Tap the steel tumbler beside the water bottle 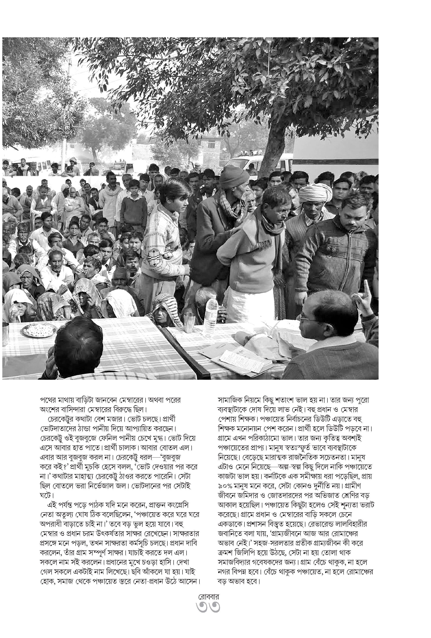click(189, 322)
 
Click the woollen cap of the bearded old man click(234, 176)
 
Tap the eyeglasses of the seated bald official click(305, 318)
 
